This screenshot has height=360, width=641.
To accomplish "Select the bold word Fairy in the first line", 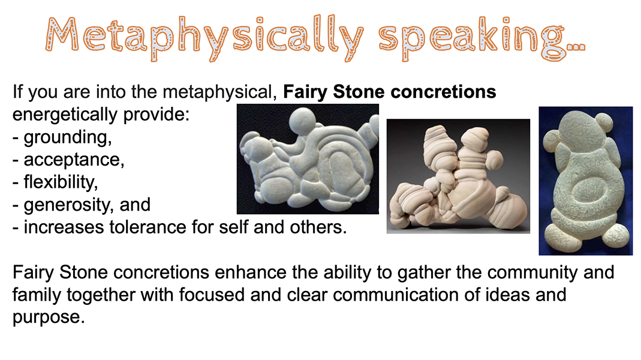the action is click(x=305, y=92).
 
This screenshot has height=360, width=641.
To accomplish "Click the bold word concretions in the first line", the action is click(x=443, y=92).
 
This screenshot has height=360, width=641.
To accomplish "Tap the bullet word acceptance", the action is click(x=74, y=160).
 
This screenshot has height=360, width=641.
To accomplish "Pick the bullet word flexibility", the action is click(x=61, y=182).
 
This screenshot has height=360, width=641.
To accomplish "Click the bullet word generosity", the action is click(x=69, y=205).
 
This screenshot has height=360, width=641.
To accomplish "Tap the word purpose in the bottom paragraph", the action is click(x=49, y=318).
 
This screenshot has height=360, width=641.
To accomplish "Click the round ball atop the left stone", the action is click(x=302, y=121).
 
